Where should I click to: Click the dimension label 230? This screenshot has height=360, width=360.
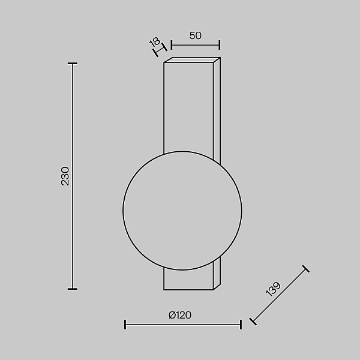(65, 176)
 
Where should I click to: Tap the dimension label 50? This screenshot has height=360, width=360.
(196, 35)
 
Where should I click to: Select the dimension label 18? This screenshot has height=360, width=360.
(155, 42)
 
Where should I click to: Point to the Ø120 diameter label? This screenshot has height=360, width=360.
(180, 315)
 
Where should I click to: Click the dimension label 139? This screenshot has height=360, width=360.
(273, 289)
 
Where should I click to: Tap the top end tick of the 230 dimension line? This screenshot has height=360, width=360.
(73, 64)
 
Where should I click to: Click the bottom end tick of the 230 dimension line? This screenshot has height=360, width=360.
(73, 289)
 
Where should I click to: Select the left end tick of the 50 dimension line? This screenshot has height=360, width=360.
(171, 45)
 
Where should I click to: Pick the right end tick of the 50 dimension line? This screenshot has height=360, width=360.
(220, 45)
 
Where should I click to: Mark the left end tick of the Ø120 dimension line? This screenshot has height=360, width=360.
(125, 325)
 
